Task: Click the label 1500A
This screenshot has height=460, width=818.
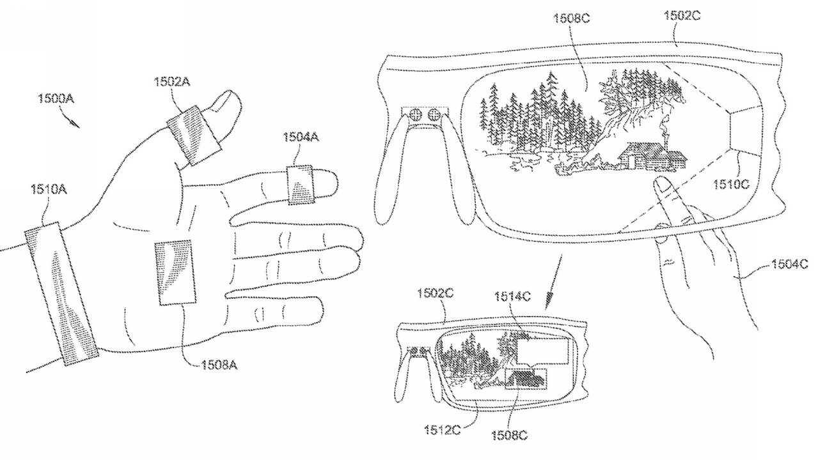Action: coord(55,99)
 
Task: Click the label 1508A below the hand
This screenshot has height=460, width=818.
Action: coord(219,365)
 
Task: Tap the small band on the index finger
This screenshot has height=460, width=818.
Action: coord(301,185)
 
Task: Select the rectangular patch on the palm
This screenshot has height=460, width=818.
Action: coord(175,272)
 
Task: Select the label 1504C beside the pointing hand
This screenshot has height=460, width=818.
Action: coord(788,264)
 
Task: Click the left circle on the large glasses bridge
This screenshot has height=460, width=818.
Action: coord(416,116)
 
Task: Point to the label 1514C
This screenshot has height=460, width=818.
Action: coord(512,296)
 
